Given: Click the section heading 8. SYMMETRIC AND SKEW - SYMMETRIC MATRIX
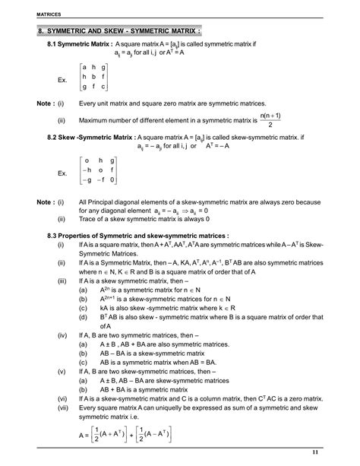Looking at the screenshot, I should tap(119, 32).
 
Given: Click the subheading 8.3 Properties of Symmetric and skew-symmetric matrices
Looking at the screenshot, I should tap(137, 236).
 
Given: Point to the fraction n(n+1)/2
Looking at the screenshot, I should tap(270, 120).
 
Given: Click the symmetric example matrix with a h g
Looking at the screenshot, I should tap(93, 78).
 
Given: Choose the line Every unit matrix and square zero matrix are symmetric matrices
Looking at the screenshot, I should tap(172, 102).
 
